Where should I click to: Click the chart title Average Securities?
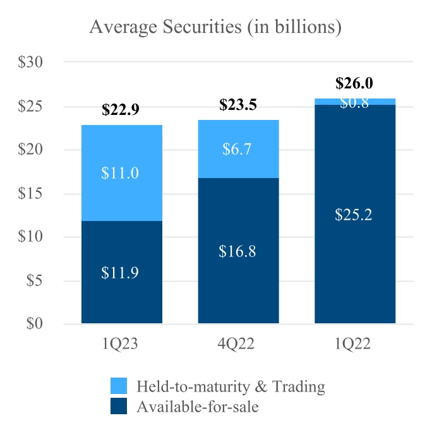216,27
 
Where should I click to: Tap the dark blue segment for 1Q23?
122,290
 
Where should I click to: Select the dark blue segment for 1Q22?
355,253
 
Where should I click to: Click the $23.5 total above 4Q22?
238,105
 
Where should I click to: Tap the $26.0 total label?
354,83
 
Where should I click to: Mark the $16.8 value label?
238,252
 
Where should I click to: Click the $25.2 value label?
355,215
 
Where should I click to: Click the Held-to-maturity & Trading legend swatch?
119,386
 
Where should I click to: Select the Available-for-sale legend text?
198,407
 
